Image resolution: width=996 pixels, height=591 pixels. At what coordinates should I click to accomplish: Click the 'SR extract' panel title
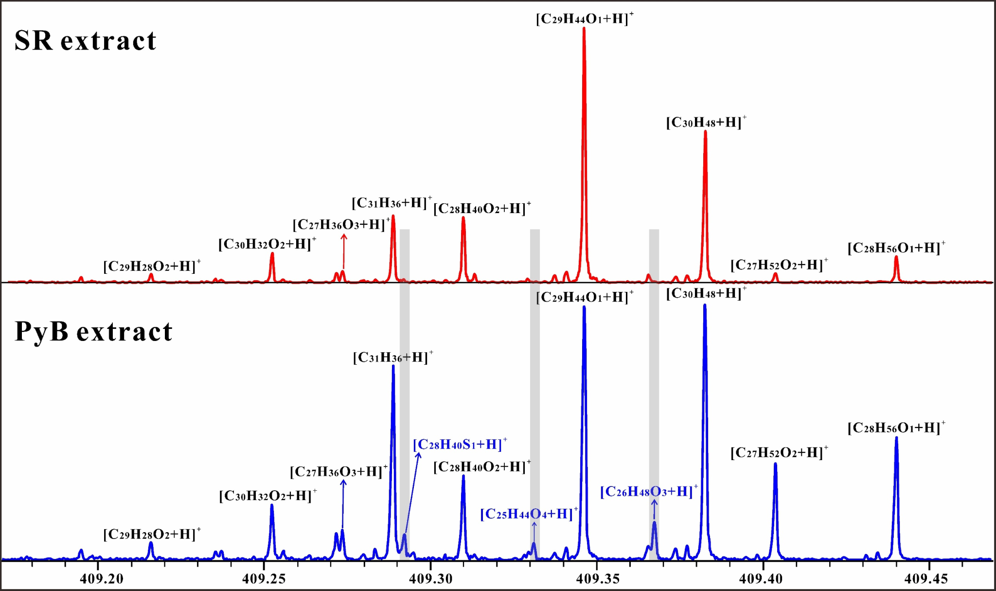(x=85, y=40)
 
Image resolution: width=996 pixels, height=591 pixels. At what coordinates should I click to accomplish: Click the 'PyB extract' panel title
(x=93, y=332)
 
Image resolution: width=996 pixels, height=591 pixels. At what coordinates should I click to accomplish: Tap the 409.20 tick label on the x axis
(x=102, y=579)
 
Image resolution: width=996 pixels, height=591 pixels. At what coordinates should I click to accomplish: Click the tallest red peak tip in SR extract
(x=584, y=29)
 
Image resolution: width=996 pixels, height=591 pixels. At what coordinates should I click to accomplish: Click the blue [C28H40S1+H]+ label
(x=460, y=445)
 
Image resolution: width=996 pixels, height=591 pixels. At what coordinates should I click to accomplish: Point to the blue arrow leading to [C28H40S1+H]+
(x=412, y=491)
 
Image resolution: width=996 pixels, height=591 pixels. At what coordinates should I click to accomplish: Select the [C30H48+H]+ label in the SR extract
(x=706, y=123)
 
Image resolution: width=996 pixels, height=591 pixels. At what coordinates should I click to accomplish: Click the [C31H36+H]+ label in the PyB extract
(x=392, y=358)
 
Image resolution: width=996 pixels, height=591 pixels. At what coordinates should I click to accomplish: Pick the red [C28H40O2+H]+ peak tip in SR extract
(x=463, y=218)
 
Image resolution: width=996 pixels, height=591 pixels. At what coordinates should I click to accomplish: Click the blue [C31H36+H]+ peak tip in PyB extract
(x=393, y=366)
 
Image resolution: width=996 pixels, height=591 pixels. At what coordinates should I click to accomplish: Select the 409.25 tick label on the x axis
(x=264, y=579)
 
